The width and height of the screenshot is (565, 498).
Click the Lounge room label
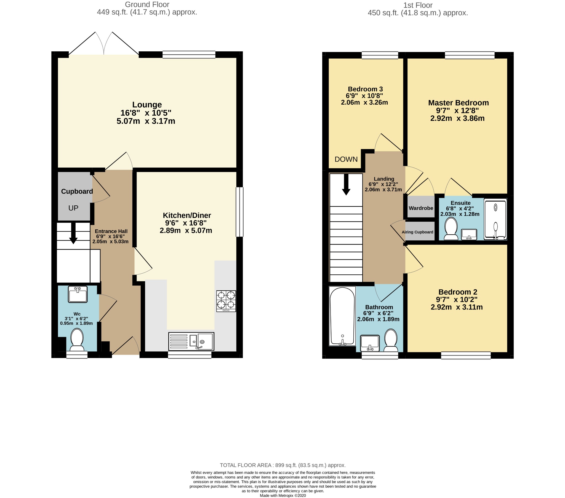[x=147, y=105]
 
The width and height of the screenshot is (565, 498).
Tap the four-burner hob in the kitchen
[x=226, y=301]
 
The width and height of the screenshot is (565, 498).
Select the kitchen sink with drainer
[x=191, y=341]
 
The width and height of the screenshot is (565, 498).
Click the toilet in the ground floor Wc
[x=77, y=340]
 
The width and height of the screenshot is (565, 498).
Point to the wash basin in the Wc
[x=78, y=294]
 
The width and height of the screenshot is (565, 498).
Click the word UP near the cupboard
[x=73, y=208]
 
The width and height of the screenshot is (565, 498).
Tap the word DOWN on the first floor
[x=346, y=159]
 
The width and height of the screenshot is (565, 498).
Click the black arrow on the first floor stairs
[x=346, y=184]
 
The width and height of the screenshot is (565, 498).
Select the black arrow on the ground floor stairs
[x=73, y=233]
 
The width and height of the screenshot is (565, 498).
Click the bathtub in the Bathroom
[x=342, y=316]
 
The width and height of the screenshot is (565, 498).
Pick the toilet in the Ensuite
[x=451, y=229]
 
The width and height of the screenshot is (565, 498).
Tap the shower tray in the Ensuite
[x=495, y=219]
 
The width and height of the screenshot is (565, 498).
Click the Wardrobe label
[x=421, y=208]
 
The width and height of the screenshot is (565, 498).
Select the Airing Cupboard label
[x=417, y=232]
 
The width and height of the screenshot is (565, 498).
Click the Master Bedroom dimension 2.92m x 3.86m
[x=457, y=118]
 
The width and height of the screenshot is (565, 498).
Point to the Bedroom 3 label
[x=365, y=89]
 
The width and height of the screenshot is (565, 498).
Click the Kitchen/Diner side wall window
[x=239, y=212]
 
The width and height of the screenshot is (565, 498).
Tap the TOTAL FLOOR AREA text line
[x=283, y=465]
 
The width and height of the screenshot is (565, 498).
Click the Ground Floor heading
[x=147, y=4]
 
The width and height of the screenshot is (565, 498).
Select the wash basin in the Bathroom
[x=370, y=343]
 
